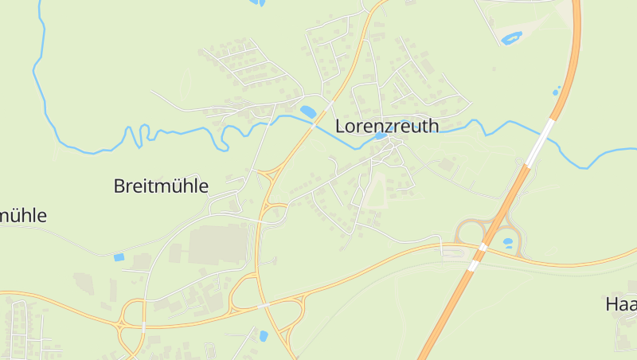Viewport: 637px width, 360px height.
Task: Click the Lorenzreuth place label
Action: coord(387,126)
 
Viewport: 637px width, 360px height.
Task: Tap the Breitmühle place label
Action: coord(161,186)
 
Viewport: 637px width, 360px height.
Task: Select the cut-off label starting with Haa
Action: coord(621,304)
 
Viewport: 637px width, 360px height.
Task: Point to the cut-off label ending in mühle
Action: coord(24,215)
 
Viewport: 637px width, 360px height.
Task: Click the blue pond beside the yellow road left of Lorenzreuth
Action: coord(307,112)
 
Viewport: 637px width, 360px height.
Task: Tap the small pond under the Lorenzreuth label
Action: coord(381,136)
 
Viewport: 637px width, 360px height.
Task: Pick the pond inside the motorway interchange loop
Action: coord(508,241)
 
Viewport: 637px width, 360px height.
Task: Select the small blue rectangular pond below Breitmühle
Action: coord(119,257)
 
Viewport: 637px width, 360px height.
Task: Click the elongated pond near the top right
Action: coord(510,37)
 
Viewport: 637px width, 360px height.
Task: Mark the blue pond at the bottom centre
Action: coord(264,336)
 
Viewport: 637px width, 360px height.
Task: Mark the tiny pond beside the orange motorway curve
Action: coord(556,92)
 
